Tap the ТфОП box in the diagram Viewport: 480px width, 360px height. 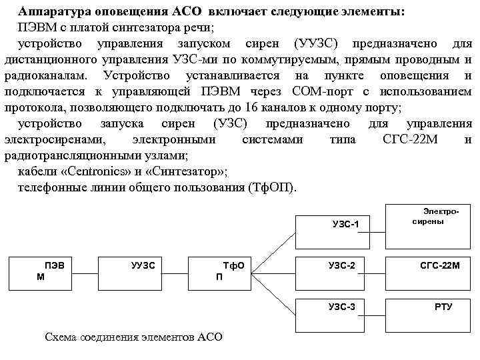[x=230, y=271]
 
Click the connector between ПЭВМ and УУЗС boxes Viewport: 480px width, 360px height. [x=85, y=271]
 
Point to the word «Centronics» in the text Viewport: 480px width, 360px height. [x=86, y=171]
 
